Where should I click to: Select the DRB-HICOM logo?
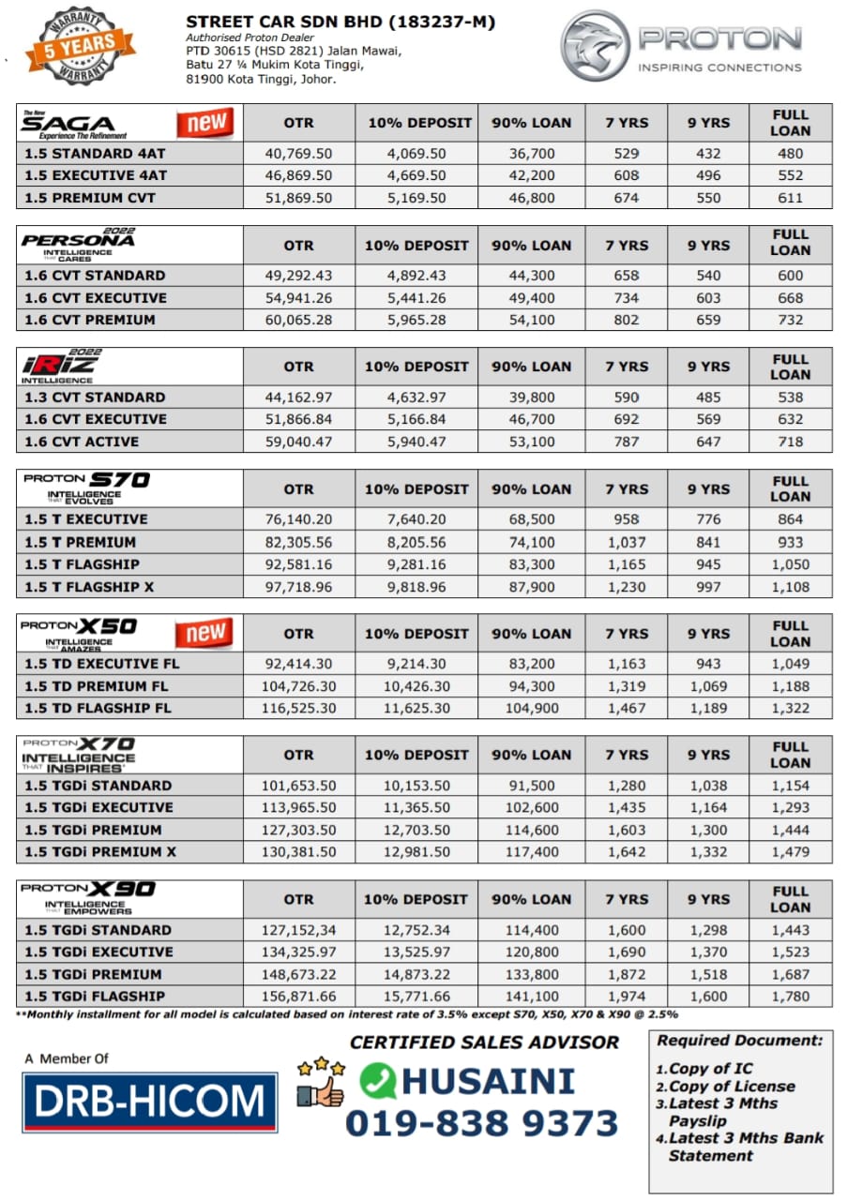pyautogui.click(x=150, y=1102)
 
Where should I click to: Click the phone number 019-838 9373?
pyautogui.click(x=481, y=1123)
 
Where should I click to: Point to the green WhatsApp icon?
pyautogui.click(x=377, y=1080)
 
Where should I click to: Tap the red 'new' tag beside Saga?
pyautogui.click(x=205, y=123)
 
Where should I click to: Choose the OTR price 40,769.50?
pyautogui.click(x=298, y=154)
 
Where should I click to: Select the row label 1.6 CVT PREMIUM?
pyautogui.click(x=94, y=320)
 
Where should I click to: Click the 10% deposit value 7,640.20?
pyautogui.click(x=416, y=519)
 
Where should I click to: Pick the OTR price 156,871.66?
pyautogui.click(x=298, y=997)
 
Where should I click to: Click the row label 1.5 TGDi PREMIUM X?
pyautogui.click(x=99, y=852)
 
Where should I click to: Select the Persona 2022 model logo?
pyautogui.click(x=79, y=244)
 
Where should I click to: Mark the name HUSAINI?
pyautogui.click(x=488, y=1081)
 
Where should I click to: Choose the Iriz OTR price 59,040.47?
pyautogui.click(x=298, y=442)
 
